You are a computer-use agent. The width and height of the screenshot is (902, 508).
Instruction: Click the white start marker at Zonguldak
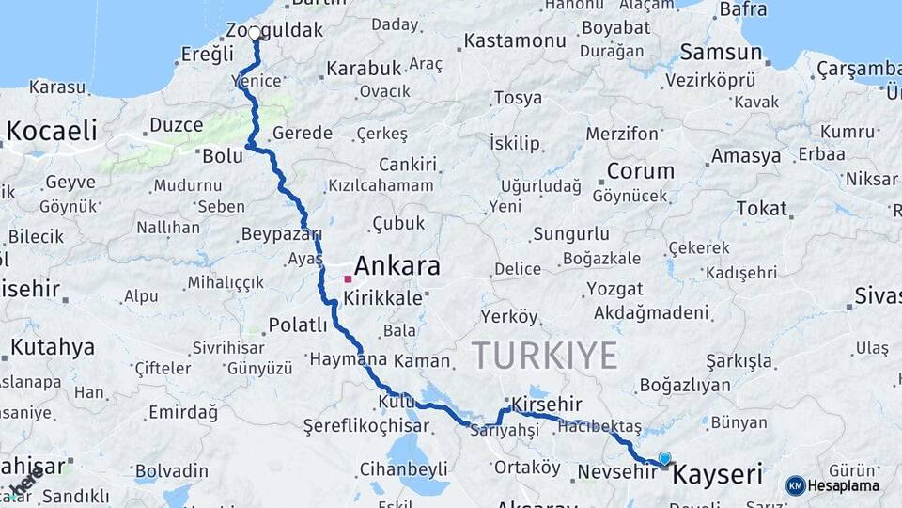click(x=255, y=34)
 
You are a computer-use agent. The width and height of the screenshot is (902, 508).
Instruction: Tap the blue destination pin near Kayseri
click(x=665, y=459)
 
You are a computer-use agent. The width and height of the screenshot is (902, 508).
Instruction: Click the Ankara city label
click(x=398, y=266)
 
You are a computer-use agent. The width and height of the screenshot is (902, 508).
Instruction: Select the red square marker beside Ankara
click(x=348, y=278)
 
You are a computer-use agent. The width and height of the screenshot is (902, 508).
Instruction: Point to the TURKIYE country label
click(x=544, y=356)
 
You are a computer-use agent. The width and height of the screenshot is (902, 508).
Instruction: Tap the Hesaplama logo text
click(x=844, y=485)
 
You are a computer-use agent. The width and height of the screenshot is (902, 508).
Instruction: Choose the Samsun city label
click(x=721, y=52)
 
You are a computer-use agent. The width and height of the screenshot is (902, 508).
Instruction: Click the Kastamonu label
click(x=515, y=40)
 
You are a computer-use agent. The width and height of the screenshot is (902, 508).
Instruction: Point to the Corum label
click(x=641, y=171)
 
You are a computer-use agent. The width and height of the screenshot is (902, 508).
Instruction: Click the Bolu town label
click(x=223, y=155)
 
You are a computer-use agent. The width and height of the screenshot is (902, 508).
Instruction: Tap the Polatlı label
click(x=298, y=325)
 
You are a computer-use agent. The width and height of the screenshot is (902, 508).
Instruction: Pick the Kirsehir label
click(x=542, y=403)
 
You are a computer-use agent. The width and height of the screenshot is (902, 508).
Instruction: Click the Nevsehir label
click(x=615, y=470)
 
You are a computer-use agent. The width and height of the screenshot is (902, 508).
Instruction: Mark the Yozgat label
click(x=614, y=289)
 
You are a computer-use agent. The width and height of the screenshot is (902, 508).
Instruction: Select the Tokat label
click(x=761, y=208)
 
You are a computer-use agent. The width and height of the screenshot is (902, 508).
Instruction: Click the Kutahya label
click(x=53, y=347)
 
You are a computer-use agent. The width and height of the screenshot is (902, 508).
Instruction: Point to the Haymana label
click(x=348, y=359)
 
